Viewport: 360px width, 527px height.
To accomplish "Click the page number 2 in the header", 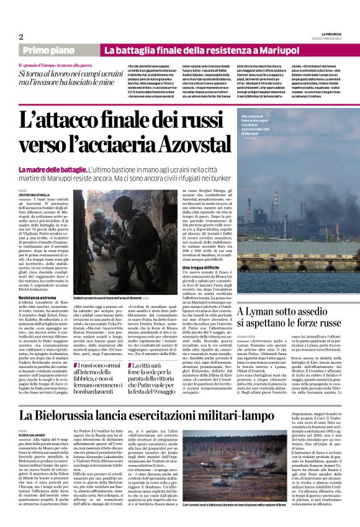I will click(x=20, y=36).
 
